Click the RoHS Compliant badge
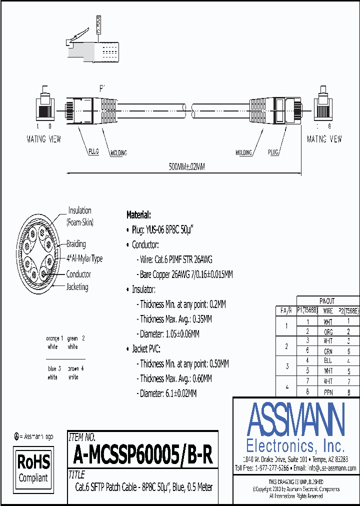33,467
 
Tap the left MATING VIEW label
43,139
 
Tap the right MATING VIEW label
324,139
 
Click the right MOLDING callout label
244,152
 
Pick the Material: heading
138,215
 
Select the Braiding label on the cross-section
76,244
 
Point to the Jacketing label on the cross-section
77,287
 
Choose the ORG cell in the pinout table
328,331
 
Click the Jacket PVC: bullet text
146,349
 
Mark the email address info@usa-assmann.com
331,468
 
